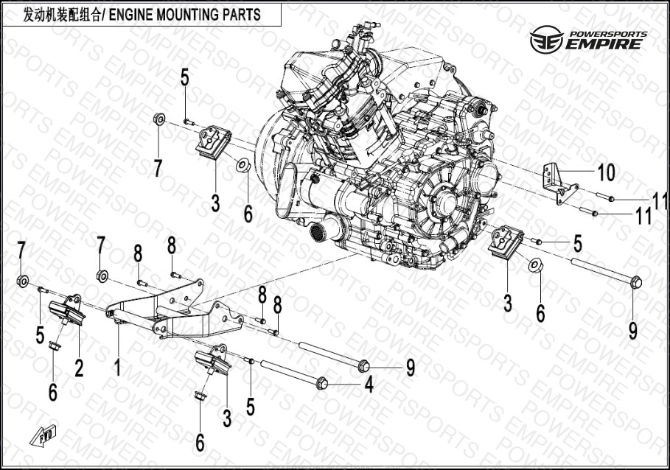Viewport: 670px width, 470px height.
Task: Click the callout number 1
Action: (x=116, y=367)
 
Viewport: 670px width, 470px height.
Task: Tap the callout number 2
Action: (x=79, y=368)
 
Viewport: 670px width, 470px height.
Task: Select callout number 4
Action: (x=369, y=384)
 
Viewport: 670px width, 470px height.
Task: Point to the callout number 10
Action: (x=607, y=172)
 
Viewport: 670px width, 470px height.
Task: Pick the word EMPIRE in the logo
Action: (x=604, y=44)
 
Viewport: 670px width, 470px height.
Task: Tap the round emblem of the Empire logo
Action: (x=546, y=40)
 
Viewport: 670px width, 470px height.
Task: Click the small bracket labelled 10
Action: (x=559, y=184)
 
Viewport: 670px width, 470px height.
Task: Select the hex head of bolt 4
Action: (x=322, y=383)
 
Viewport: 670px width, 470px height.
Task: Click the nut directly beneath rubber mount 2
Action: (x=55, y=346)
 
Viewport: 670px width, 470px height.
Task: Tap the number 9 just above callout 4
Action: (x=411, y=367)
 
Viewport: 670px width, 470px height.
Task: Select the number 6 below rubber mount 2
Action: (x=52, y=392)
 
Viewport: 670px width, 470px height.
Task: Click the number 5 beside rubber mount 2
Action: (x=40, y=334)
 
